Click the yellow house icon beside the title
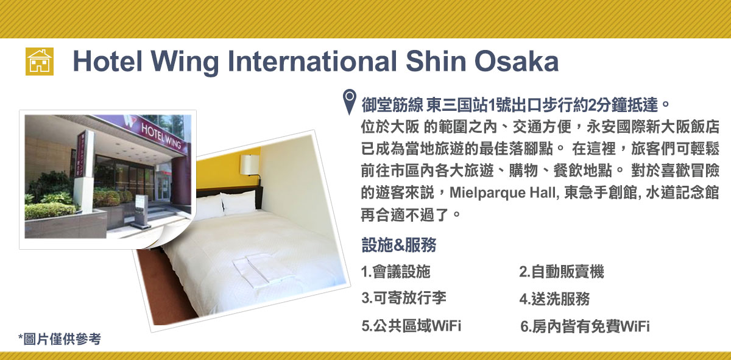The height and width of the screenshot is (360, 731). pos(40,62)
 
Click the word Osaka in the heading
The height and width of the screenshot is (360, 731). pos(517,62)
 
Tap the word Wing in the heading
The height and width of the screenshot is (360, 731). pos(185,63)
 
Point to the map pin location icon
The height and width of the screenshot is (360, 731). pos(350,102)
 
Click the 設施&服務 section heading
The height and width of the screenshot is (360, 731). pos(399,245)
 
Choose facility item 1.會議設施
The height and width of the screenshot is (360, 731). pos(396,272)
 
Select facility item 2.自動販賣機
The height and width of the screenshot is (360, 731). pos(562,272)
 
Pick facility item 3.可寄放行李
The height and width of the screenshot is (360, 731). pos(404,298)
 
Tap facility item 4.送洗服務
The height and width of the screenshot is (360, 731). pos(555,298)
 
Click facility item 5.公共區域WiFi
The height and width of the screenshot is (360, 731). pos(411,326)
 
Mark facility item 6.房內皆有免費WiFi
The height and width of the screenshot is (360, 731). pos(585,326)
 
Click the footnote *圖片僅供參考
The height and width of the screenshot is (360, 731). pos(60,339)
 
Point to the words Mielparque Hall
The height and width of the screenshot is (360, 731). pos(502,193)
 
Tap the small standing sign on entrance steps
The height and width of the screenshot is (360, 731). pos(141,211)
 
